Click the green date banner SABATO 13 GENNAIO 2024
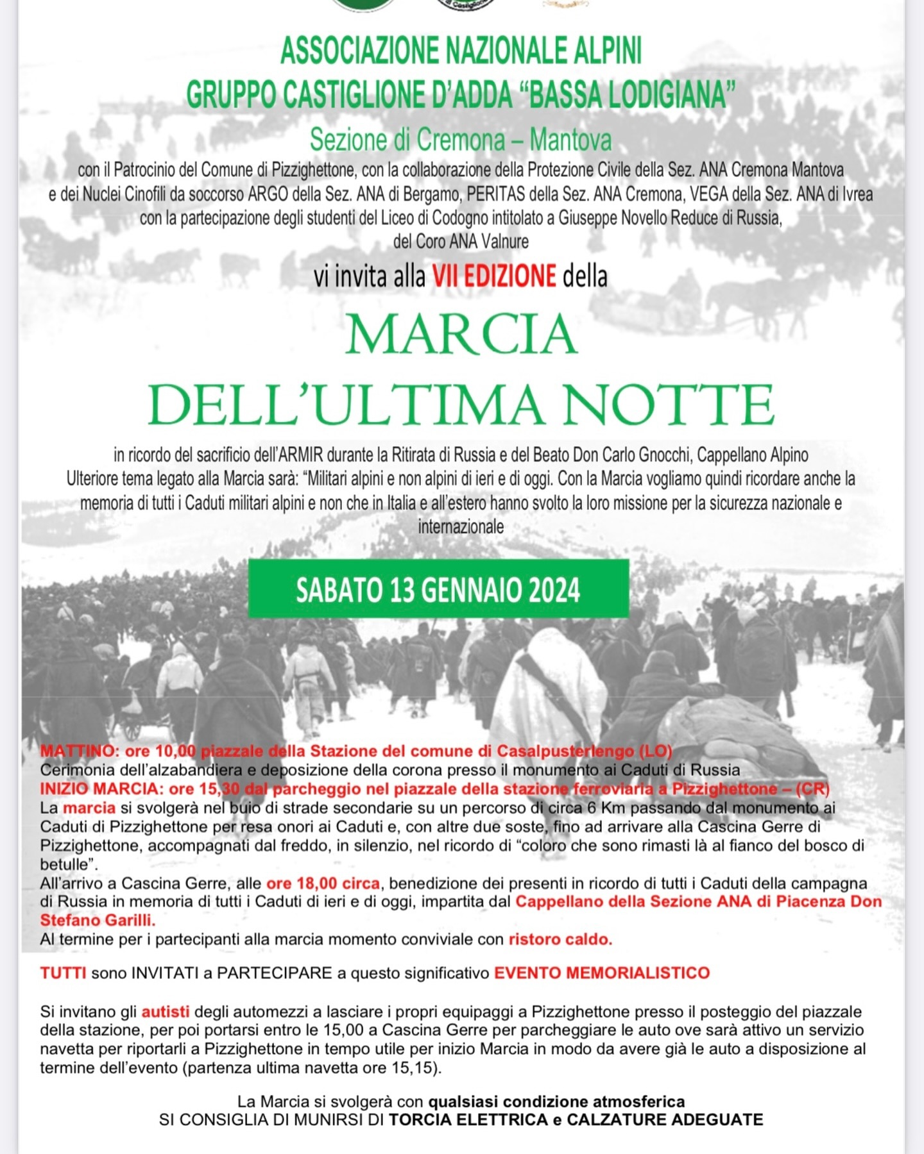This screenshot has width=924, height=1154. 438,589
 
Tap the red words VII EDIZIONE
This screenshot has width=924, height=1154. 493,276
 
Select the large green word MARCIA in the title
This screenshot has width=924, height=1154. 461,335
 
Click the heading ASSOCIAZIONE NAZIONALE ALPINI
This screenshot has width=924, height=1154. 461,51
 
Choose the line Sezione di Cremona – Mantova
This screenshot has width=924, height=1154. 461,140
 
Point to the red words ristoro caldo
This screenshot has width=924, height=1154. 560,939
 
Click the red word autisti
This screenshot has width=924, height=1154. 166,1012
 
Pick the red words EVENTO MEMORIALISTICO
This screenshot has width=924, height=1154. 601,973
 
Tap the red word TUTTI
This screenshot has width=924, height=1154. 63,973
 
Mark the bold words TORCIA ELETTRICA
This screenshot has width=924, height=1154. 468,1119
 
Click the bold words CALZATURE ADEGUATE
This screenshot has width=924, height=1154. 664,1119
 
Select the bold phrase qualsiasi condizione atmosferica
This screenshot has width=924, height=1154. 556,1101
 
